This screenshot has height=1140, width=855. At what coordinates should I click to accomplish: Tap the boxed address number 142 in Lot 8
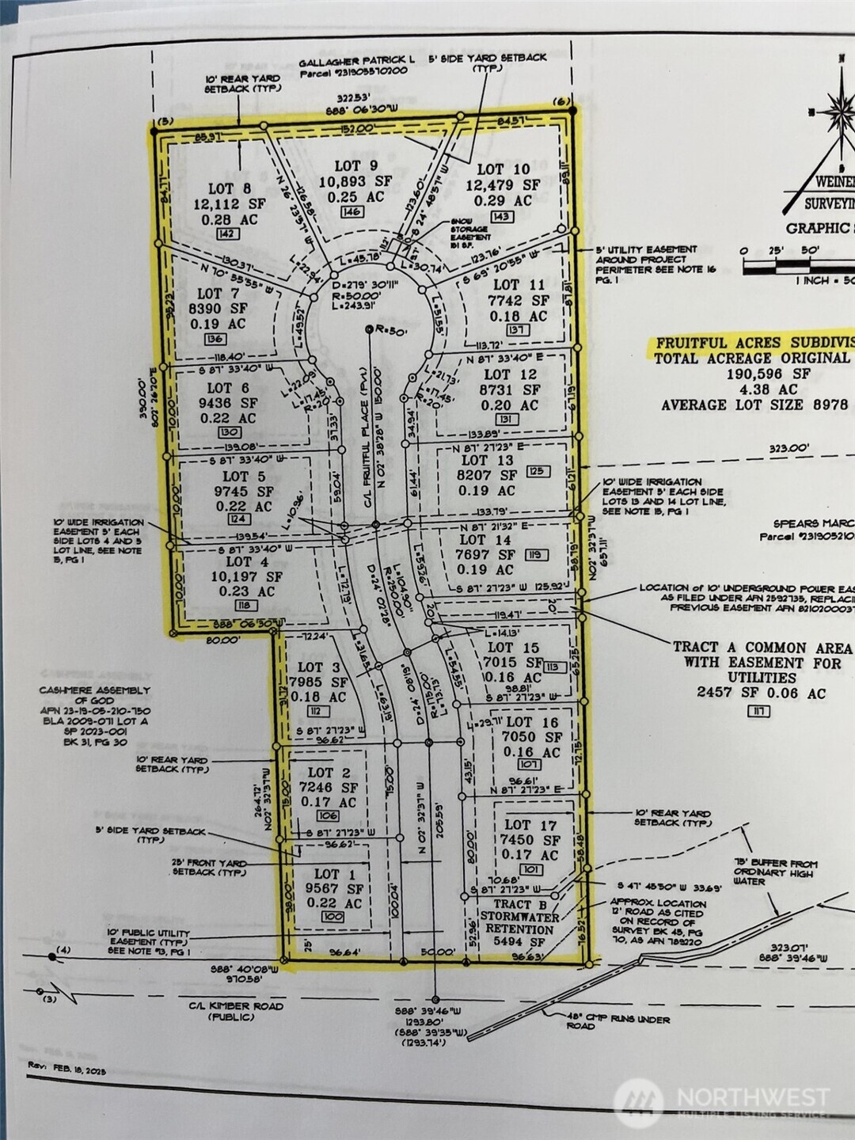[227, 234]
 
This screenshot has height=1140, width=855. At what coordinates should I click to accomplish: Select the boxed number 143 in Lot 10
[501, 216]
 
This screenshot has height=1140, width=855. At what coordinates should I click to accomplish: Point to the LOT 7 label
[218, 294]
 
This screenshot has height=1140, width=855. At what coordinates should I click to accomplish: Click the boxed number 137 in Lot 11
[517, 330]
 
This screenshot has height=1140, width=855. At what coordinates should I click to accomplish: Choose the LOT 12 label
[510, 374]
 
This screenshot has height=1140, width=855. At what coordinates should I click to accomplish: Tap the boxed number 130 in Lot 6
[230, 432]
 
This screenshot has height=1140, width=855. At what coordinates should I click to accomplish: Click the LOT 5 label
[244, 477]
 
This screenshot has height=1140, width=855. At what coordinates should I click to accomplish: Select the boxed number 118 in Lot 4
[244, 605]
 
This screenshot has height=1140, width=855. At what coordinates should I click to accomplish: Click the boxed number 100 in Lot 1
[332, 917]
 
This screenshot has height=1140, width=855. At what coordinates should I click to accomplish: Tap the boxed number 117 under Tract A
[759, 711]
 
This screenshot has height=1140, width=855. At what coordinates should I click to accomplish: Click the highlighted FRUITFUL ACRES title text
[752, 344]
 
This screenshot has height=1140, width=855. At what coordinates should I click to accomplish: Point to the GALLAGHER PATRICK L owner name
[356, 60]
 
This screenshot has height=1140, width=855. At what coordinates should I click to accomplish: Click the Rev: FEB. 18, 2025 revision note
[66, 1069]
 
